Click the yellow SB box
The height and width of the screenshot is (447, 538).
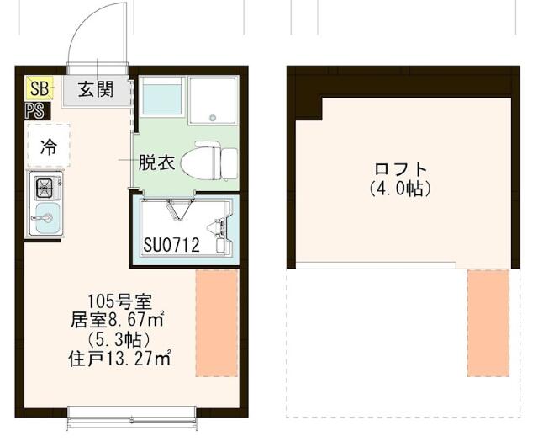39,88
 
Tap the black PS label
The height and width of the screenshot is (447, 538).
36,109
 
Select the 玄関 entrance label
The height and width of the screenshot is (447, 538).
97,88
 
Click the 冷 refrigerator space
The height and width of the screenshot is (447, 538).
48,146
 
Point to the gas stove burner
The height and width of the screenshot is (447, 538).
44,186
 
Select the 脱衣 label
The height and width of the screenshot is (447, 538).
157,162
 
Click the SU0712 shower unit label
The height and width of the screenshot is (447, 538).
171,245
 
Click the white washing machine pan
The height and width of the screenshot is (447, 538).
214,101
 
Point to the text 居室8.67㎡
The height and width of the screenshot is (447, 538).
118,320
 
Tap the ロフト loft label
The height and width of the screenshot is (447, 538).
400,168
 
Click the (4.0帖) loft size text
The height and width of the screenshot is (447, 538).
400,189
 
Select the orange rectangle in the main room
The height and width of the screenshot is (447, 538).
217,322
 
